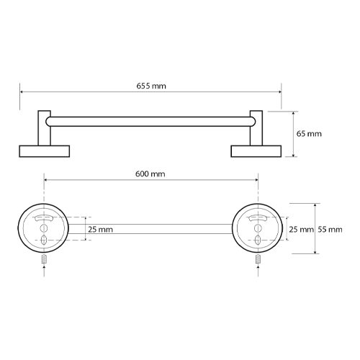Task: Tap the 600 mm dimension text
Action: (150, 174)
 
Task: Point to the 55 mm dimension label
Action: (330, 229)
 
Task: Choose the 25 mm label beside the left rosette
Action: (99, 229)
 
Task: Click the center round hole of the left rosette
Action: (45, 228)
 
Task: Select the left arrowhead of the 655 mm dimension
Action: (22, 92)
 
